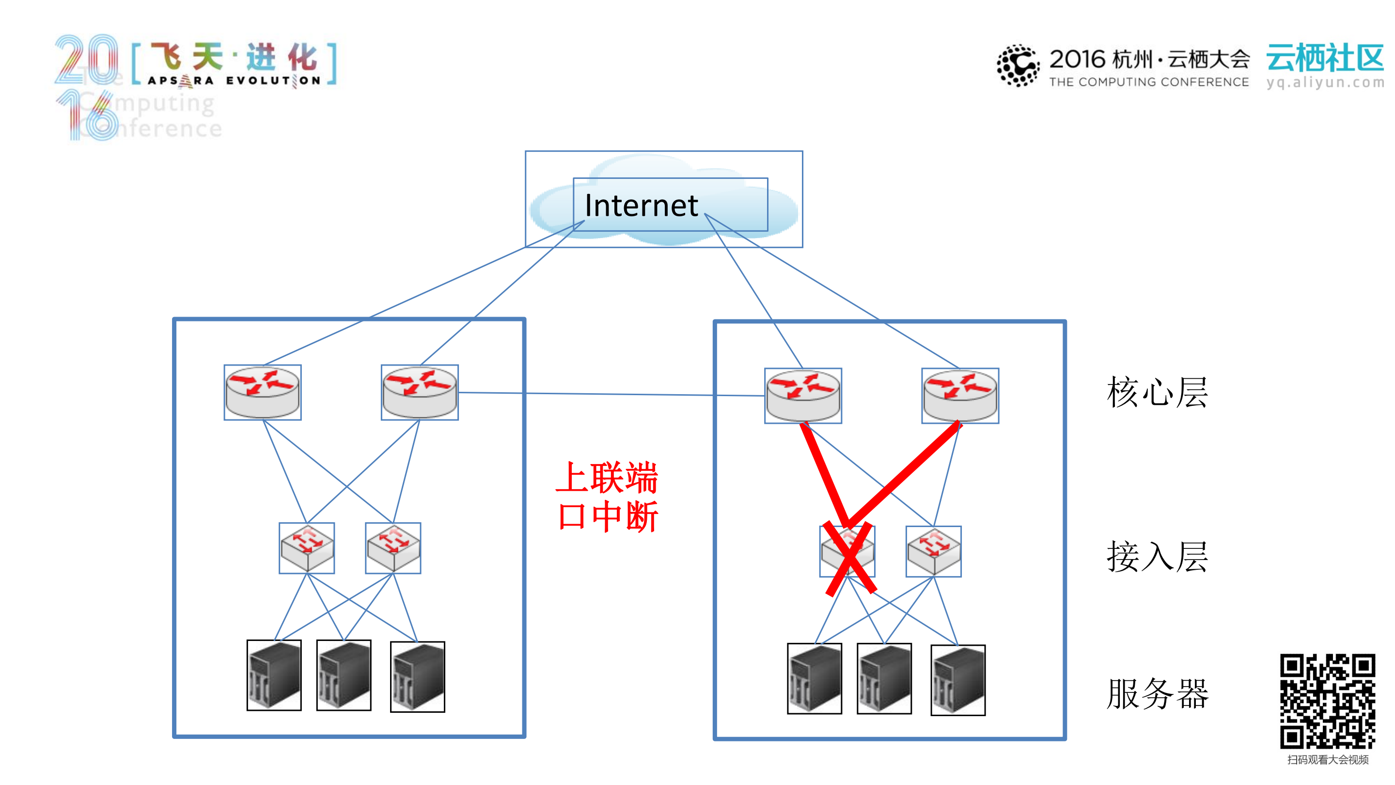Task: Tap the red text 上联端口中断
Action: [x=607, y=497]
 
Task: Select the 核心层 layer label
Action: [x=1157, y=392]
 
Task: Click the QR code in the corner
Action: [x=1327, y=701]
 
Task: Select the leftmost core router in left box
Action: [x=263, y=392]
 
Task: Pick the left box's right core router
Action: [x=420, y=392]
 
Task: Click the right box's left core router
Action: [x=802, y=396]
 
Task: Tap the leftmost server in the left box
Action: [x=274, y=675]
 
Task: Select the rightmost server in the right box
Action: [x=957, y=680]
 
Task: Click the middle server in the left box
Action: [x=344, y=675]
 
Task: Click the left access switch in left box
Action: [x=307, y=548]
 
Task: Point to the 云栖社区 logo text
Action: [x=1325, y=59]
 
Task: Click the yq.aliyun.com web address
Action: [x=1325, y=82]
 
